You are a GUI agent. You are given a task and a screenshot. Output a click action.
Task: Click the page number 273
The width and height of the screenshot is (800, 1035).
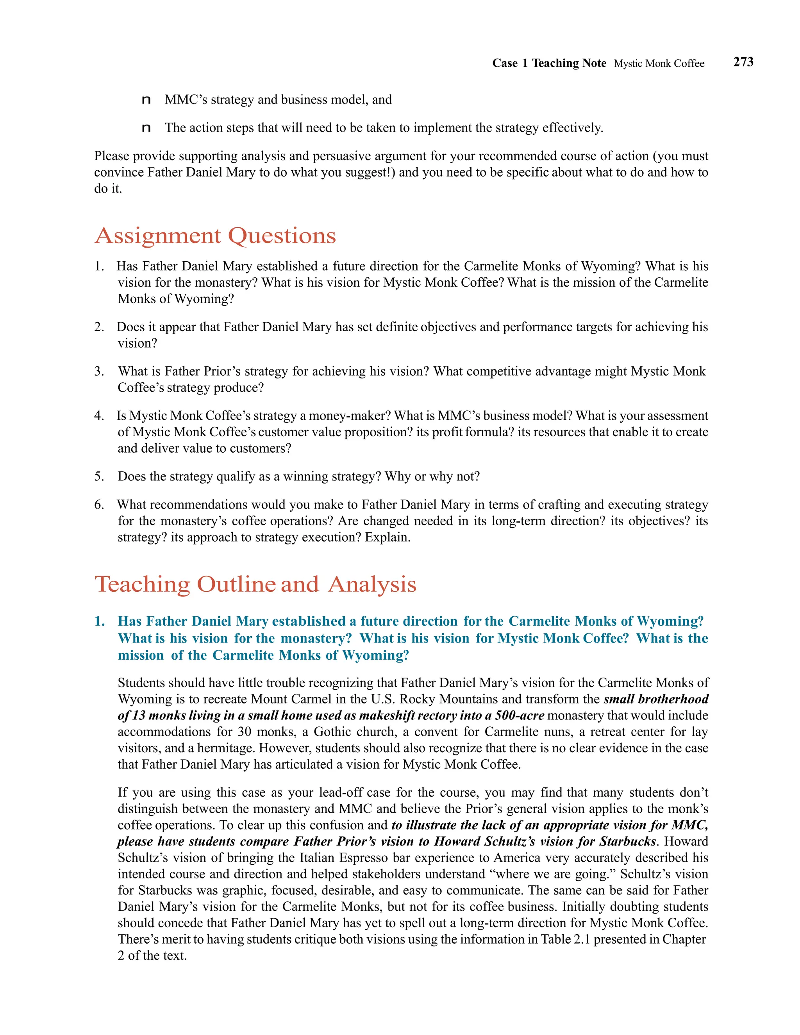(x=743, y=62)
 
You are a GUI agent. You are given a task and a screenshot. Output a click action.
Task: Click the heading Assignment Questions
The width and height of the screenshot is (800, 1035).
(x=215, y=236)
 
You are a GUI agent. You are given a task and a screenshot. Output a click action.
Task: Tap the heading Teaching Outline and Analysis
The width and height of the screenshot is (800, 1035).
(x=255, y=584)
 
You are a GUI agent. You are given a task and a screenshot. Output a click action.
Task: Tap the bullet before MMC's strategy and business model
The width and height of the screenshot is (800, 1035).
(x=146, y=100)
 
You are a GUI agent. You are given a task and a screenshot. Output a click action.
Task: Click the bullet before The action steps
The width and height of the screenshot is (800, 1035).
(x=146, y=128)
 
